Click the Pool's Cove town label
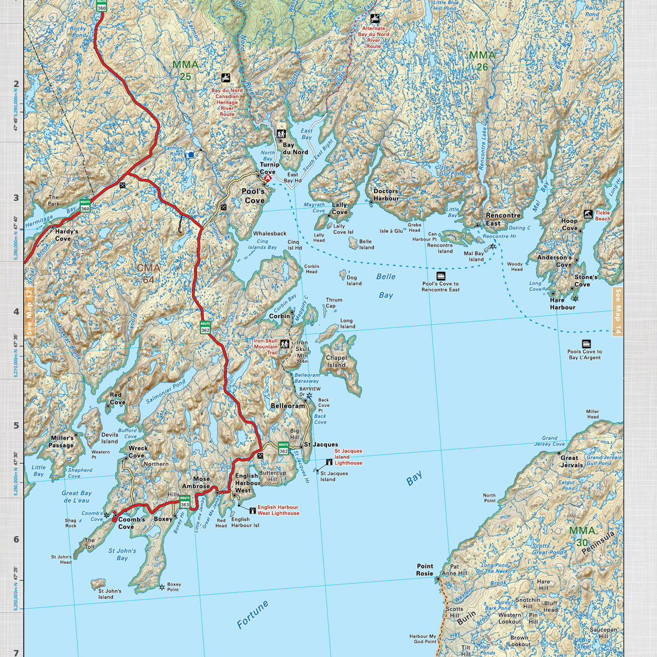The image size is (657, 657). [x=253, y=196]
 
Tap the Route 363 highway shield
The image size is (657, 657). [x=185, y=503]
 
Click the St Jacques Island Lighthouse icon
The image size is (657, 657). [x=329, y=463]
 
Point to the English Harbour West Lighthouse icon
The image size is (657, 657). [x=252, y=510]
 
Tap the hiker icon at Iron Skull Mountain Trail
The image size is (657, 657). [x=285, y=344]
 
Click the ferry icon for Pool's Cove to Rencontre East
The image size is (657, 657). [x=441, y=276]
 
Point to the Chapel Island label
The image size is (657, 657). [x=336, y=361]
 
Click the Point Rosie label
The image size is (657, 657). [x=425, y=569]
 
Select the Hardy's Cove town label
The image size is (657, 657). [x=66, y=235]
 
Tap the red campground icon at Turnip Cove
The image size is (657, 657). [x=268, y=178]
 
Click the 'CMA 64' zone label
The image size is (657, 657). [x=148, y=274]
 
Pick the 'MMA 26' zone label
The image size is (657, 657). [x=482, y=61]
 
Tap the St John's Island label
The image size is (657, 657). [x=109, y=594]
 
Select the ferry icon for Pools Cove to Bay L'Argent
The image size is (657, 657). [x=586, y=344]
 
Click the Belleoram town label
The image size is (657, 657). [x=287, y=406]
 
